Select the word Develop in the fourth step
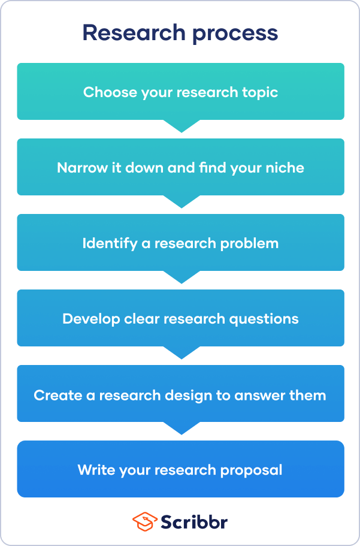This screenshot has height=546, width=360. click(87, 319)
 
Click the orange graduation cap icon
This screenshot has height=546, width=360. click(144, 521)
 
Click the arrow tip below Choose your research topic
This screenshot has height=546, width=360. click(180, 129)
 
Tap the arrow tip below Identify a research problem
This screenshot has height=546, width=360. click(180, 280)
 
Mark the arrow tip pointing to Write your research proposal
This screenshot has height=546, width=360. click(180, 431)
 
